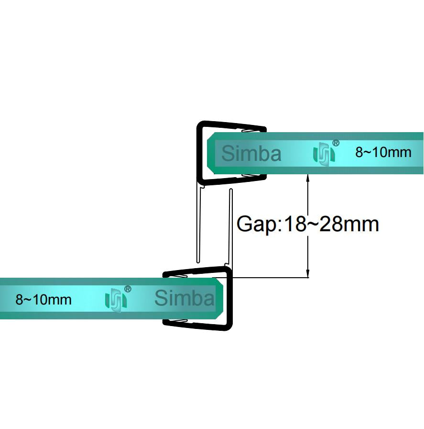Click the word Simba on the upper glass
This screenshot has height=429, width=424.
251,154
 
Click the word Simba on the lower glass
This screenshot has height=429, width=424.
185,298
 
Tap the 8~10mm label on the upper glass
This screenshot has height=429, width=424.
383,152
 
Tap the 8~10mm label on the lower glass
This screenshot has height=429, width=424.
43,300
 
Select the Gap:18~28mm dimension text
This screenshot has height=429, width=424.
308,224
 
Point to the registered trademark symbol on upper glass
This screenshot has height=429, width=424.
336,143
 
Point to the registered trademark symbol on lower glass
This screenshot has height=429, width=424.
128,289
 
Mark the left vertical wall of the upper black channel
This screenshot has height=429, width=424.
199,153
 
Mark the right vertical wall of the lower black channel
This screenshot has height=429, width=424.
229,299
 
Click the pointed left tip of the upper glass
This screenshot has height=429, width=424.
209,153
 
